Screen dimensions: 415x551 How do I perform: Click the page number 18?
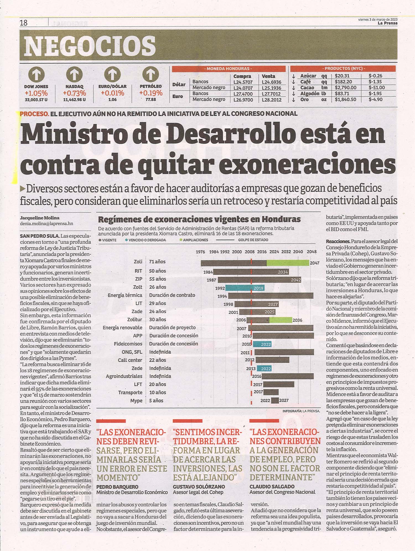[24, 22]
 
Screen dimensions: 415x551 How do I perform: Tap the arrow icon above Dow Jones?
[36, 74]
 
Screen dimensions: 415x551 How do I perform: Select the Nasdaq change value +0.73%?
[74, 93]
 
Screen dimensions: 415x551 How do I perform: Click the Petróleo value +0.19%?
[151, 93]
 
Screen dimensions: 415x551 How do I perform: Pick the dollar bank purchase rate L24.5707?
[243, 82]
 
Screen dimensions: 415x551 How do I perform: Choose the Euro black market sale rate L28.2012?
[271, 100]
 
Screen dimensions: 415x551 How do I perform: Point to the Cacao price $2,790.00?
[345, 88]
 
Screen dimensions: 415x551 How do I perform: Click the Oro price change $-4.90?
[375, 100]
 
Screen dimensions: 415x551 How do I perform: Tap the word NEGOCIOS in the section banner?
[90, 46]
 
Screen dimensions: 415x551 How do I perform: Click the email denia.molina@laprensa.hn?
[46, 223]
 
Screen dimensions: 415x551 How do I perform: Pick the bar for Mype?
[275, 400]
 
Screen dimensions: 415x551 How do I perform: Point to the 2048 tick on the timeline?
[312, 252]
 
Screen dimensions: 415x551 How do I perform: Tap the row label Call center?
[130, 360]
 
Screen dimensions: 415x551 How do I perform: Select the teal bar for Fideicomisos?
[262, 344]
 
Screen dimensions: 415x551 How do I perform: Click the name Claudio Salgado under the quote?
[272, 487]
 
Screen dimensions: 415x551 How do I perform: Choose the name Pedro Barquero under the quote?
[117, 487]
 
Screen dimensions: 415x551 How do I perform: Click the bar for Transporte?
[271, 392]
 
